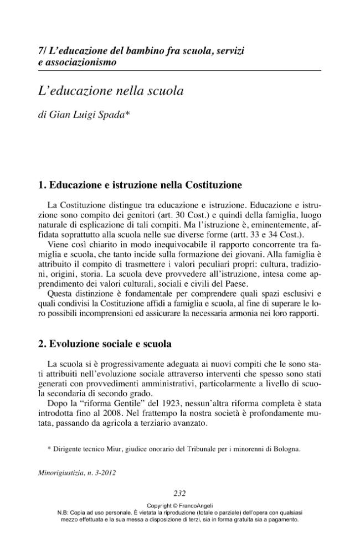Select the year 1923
(x=173, y=404)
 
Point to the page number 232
(x=179, y=494)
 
